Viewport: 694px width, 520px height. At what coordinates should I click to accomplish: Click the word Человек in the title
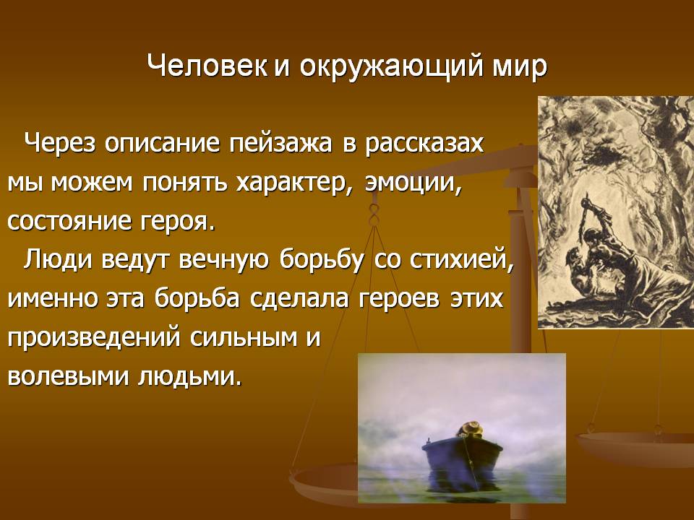pyautogui.click(x=207, y=66)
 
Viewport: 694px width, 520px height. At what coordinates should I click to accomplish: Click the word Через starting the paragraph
pyautogui.click(x=60, y=144)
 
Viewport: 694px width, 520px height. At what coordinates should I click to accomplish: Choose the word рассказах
pyautogui.click(x=424, y=145)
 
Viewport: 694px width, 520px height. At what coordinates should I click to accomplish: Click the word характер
pyautogui.click(x=295, y=183)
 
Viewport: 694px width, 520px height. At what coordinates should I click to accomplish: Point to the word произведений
pyautogui.click(x=94, y=338)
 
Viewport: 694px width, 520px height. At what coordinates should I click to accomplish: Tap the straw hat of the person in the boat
pyautogui.click(x=470, y=428)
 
